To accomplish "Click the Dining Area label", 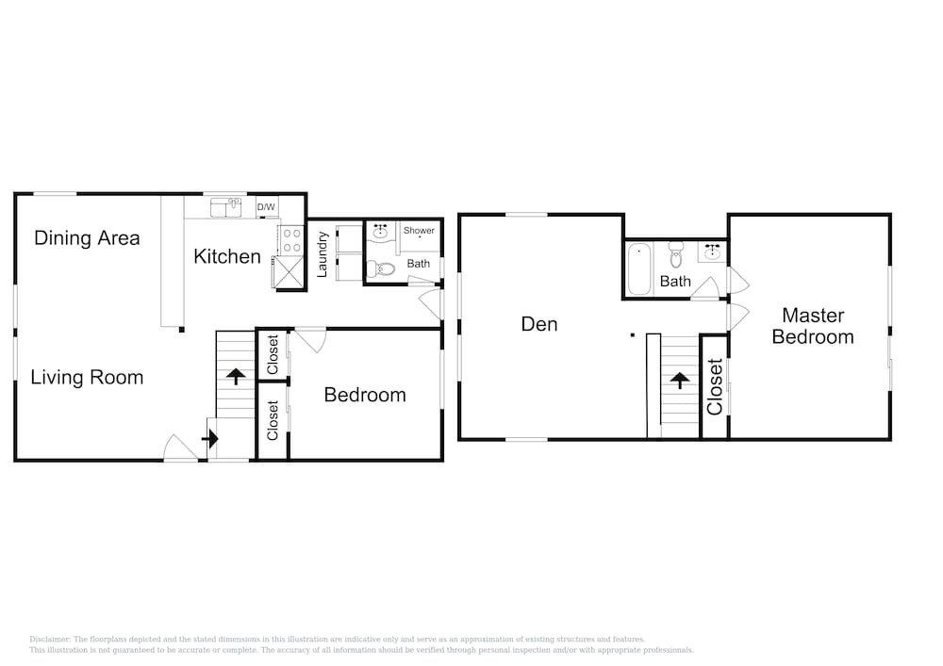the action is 87,237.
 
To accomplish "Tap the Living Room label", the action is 87,377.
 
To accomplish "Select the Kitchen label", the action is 226,256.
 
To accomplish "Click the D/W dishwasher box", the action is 267,207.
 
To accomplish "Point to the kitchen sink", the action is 225,208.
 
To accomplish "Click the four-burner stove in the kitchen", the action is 291,240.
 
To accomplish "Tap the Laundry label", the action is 322,254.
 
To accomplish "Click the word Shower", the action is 419,230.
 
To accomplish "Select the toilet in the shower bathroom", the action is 380,268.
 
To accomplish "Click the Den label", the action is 538,324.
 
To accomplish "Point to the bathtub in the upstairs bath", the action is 638,268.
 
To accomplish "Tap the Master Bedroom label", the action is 813,326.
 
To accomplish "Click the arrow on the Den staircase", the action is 680,381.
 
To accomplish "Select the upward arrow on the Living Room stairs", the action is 236,376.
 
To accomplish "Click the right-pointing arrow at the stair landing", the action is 210,439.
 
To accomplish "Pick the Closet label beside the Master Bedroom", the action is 715,387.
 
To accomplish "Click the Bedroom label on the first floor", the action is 364,395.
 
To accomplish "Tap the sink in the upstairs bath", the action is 712,252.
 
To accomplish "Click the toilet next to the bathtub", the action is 676,254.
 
